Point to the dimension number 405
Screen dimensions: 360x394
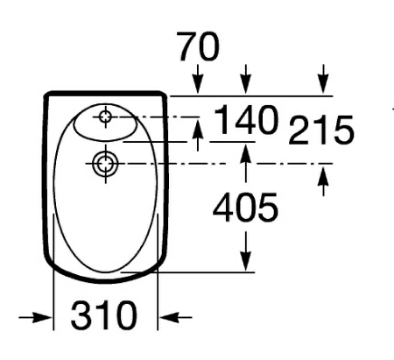pyautogui.click(x=247, y=208)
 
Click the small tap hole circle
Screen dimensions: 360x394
pyautogui.click(x=107, y=116)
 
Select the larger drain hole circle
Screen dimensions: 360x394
pyautogui.click(x=104, y=163)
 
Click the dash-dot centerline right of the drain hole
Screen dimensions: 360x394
pyautogui.click(x=219, y=164)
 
